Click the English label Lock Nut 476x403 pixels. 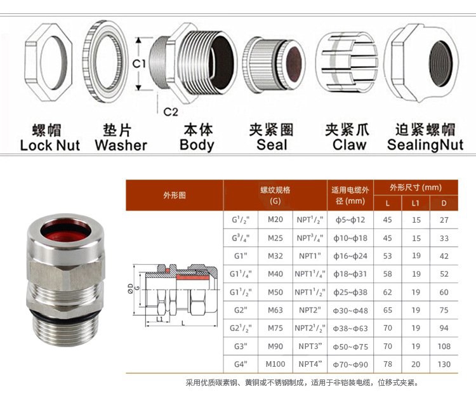[x=50, y=145]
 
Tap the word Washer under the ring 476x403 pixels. [x=121, y=145]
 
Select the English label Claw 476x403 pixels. [x=349, y=145]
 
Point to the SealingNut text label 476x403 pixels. [x=425, y=145]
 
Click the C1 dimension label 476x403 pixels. [x=139, y=63]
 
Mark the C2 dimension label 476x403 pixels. [x=171, y=112]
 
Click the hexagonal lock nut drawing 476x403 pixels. [x=48, y=63]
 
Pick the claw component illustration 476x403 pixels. [x=347, y=62]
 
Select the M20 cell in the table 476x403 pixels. [x=275, y=220]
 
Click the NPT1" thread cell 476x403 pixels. [x=310, y=256]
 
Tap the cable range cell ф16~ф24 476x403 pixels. [x=350, y=256]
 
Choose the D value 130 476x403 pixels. [x=444, y=364]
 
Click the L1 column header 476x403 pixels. [x=415, y=203]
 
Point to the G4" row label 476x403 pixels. [x=241, y=364]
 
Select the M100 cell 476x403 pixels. [x=275, y=364]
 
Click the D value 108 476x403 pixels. [x=444, y=347]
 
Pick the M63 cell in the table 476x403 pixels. [x=275, y=310]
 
